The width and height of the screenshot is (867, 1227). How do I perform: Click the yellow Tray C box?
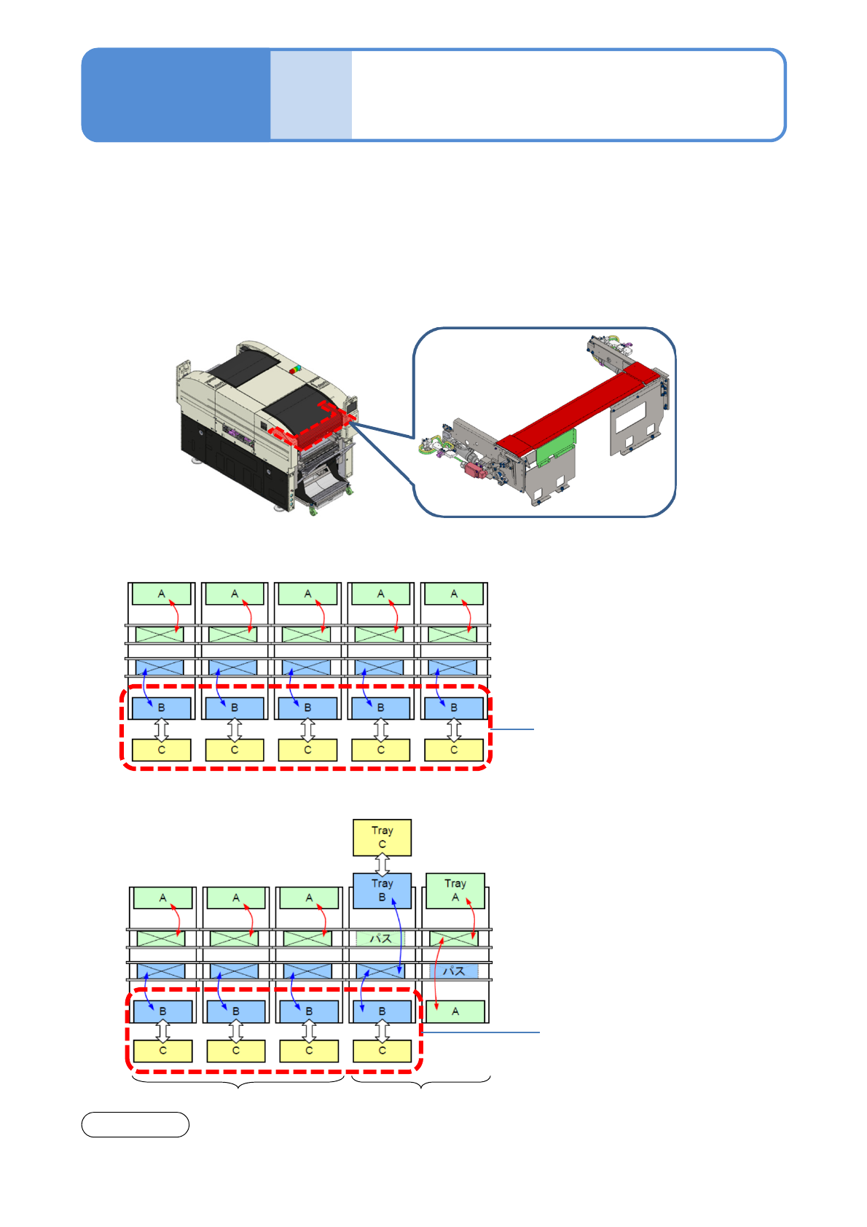(x=382, y=837)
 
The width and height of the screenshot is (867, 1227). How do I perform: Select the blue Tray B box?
(x=382, y=890)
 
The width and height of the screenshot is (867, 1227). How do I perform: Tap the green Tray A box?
(x=455, y=890)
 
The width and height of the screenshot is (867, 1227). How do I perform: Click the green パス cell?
(x=380, y=938)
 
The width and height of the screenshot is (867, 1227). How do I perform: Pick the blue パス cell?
(x=455, y=971)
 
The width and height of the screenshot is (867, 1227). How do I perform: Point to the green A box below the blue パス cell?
(x=455, y=1011)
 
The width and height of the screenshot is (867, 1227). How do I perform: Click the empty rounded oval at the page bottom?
(x=135, y=1124)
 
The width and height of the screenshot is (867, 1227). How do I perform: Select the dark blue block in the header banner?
(x=176, y=95)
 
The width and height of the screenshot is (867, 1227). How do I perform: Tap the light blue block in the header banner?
(x=311, y=95)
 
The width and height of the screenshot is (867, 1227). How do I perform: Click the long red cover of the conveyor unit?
(x=576, y=408)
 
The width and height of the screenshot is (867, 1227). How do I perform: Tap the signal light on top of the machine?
(x=296, y=369)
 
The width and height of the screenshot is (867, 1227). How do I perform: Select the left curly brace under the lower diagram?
(x=238, y=1083)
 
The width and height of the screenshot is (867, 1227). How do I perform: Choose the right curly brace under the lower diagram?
(x=421, y=1083)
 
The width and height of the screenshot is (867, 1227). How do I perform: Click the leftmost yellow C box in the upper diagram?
(x=162, y=750)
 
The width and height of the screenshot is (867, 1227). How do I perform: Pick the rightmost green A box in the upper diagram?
(x=454, y=594)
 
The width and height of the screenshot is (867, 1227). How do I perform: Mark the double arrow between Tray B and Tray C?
(x=382, y=864)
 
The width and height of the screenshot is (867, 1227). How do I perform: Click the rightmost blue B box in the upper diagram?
(x=454, y=707)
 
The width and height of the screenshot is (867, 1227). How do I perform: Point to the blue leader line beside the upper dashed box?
(x=513, y=729)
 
